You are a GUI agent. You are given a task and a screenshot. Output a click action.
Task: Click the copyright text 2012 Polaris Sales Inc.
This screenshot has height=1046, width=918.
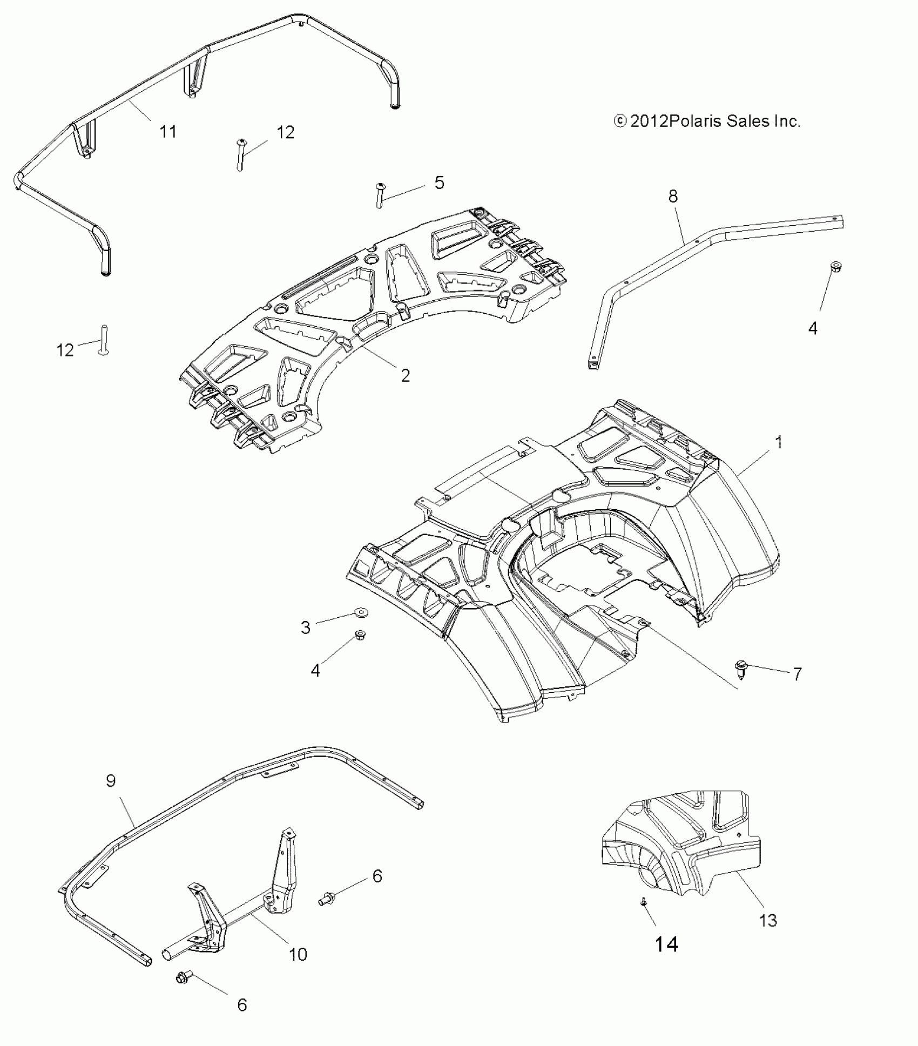(707, 121)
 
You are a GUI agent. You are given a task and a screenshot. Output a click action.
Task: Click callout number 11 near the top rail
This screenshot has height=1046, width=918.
(168, 131)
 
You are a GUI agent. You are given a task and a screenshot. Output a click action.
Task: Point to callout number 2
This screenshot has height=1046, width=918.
(405, 375)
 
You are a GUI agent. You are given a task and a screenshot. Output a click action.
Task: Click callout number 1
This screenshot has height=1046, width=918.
(778, 442)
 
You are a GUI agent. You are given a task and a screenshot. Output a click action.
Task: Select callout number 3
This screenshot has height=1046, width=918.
(306, 627)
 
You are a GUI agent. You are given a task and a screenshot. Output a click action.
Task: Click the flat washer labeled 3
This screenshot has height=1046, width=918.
(359, 612)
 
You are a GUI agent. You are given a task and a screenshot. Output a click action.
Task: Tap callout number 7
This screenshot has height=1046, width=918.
(797, 673)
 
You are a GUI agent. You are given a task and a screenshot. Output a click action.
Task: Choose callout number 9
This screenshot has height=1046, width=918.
(111, 781)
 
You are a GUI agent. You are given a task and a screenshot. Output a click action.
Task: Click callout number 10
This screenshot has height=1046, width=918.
(298, 954)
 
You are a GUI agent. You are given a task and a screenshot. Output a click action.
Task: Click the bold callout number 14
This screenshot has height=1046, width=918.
(666, 944)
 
